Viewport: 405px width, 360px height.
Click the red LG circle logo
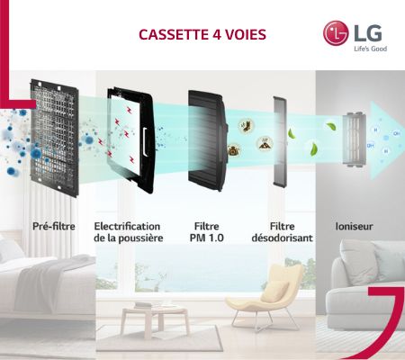point(336,33)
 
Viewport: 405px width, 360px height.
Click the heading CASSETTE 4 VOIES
point(202,34)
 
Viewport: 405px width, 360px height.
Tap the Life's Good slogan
point(370,49)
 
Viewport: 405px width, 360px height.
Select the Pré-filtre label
point(54,226)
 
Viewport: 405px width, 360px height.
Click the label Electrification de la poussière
point(128,232)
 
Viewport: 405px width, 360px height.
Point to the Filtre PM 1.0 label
point(206,232)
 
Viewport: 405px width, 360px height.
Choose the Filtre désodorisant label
point(282,232)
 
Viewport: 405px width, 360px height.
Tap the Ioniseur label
point(354,226)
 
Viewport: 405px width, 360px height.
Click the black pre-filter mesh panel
point(55,138)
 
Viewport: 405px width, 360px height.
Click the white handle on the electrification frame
point(145,141)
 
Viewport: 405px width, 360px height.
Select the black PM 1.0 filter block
point(206,139)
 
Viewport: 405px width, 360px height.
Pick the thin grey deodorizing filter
point(280,141)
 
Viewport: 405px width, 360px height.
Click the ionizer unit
point(355,139)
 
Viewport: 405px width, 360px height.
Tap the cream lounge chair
point(264,295)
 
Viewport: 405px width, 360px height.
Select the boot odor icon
point(246,125)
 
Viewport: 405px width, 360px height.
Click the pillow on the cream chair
point(274,291)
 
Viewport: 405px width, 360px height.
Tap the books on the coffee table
point(147,305)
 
